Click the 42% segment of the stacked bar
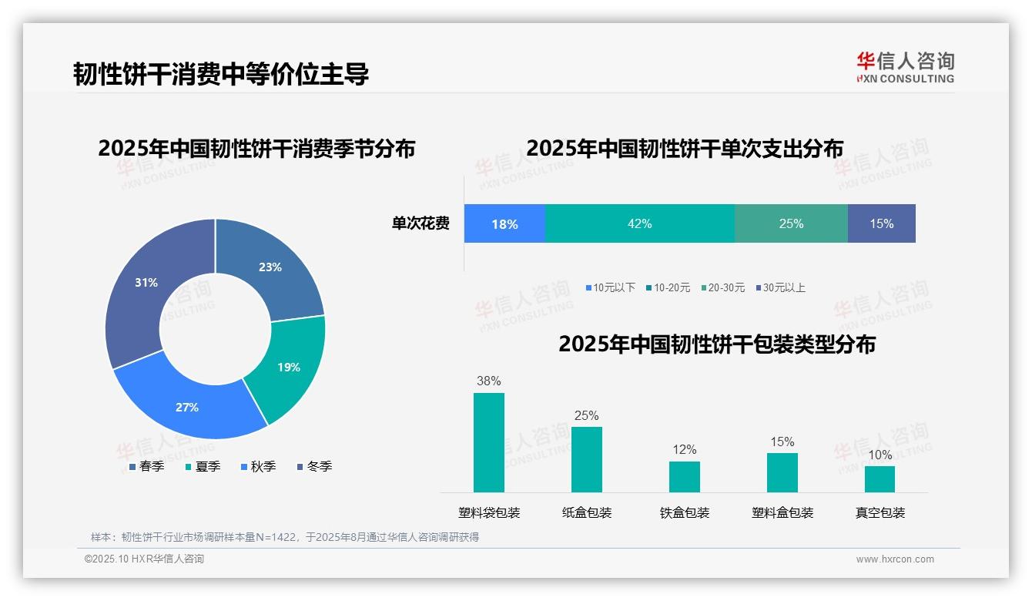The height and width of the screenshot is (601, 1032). click(x=639, y=223)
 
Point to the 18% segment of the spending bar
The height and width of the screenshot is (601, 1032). click(x=504, y=223)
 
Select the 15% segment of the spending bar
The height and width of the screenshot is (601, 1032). click(x=881, y=223)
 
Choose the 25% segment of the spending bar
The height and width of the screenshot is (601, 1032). click(x=791, y=223)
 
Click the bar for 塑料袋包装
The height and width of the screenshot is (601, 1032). click(x=489, y=442)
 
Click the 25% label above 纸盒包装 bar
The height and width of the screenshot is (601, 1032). click(x=586, y=415)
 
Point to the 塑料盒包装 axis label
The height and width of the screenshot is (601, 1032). click(x=782, y=512)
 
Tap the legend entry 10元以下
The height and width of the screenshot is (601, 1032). click(x=613, y=287)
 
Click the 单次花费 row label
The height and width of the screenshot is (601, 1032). click(x=421, y=223)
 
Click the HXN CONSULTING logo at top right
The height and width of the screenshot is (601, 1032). click(x=905, y=67)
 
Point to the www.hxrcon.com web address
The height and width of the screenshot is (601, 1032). click(x=895, y=559)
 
